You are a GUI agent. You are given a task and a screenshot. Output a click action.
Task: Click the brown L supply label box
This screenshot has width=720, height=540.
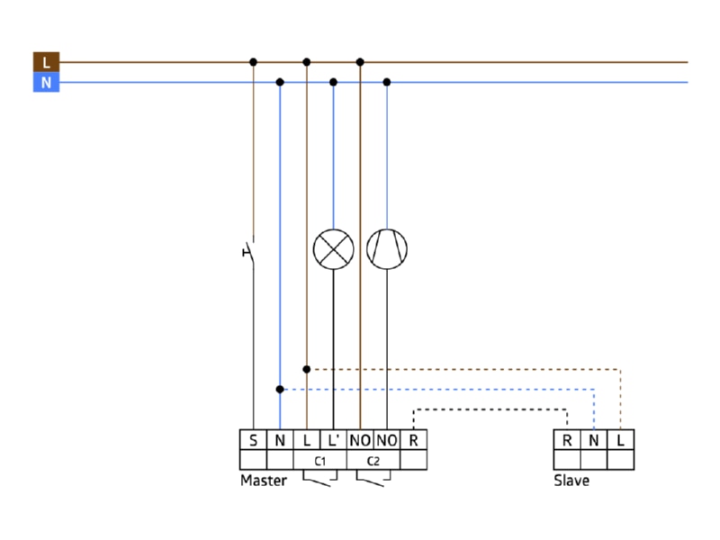[x=47, y=62]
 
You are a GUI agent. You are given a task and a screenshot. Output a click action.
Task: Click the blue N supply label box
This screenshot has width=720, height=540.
[x=47, y=82]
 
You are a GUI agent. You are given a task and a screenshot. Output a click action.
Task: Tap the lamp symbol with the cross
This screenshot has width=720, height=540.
[x=333, y=249]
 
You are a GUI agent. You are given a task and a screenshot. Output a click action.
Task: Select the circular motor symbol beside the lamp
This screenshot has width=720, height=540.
[x=387, y=249]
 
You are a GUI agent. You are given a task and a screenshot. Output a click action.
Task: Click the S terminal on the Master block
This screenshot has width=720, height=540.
[x=253, y=440]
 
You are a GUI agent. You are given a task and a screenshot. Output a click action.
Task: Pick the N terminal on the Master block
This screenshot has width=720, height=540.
[x=280, y=440]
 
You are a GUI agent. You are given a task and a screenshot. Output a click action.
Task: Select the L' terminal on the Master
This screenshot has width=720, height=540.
[x=333, y=440]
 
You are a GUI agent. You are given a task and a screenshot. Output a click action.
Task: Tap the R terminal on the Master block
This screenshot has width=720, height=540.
[x=413, y=440]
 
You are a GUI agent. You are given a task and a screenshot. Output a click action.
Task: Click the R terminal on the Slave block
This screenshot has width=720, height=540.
[x=567, y=440]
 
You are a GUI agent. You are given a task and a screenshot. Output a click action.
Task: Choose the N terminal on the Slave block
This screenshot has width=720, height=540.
[x=594, y=440]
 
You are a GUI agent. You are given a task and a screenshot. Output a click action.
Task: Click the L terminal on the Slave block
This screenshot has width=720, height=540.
[x=620, y=440]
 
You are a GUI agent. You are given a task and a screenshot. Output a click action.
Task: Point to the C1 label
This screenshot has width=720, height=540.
[x=320, y=461]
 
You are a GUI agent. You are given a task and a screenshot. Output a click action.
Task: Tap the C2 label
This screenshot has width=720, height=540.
[x=373, y=461]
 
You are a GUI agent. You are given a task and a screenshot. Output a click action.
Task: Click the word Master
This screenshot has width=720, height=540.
[x=264, y=481]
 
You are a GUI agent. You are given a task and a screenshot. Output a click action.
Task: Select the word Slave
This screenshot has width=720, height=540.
[x=571, y=481]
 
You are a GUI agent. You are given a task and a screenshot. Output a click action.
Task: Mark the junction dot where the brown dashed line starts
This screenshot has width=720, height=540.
[x=307, y=369]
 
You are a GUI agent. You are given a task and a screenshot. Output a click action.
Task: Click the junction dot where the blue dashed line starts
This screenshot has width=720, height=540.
[x=280, y=390]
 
